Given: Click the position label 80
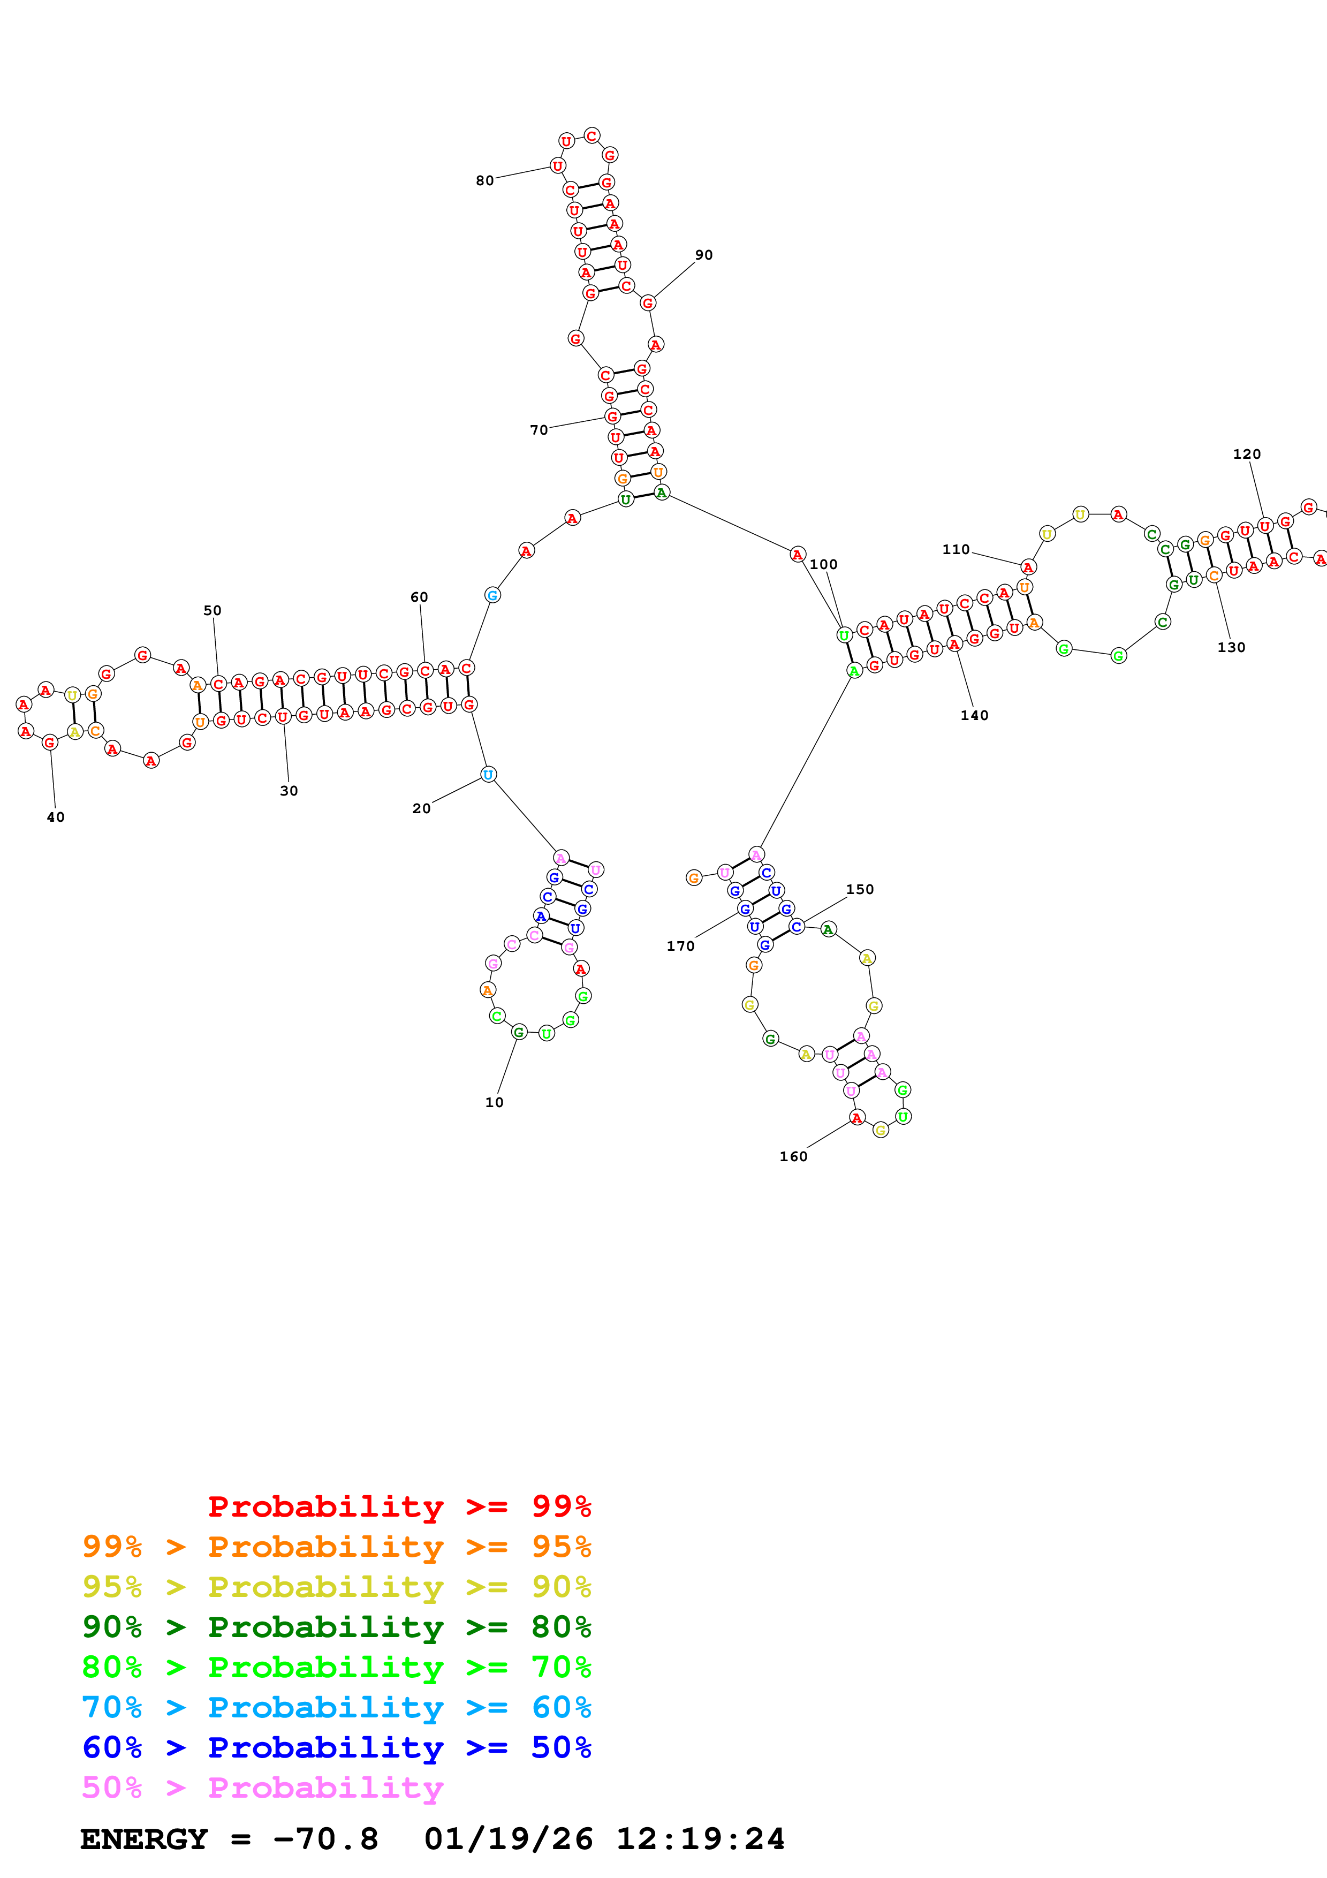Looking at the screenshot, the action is coord(485,181).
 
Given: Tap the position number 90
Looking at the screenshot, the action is coord(704,255).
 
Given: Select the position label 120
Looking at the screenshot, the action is coord(1247,454).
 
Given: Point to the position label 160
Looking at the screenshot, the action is coord(793,1156).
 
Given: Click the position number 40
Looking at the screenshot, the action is coord(56,817).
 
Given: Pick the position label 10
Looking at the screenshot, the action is coord(495,1103).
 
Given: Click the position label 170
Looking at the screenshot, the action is coord(680,946).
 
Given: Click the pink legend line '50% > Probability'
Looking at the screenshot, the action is coord(262,1788).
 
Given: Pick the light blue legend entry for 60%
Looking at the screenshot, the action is coord(336,1708).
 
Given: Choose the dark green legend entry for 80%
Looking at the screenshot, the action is coord(336,1627).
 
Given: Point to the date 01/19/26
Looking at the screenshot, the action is coord(509,1839).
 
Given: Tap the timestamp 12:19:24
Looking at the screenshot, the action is coord(700,1839).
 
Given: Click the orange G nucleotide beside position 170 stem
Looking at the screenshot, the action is coord(693,879).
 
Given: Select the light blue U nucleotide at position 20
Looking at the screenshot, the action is coord(488,775).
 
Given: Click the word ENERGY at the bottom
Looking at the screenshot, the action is coord(144,1839).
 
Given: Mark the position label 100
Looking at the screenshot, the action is coord(823,564).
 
